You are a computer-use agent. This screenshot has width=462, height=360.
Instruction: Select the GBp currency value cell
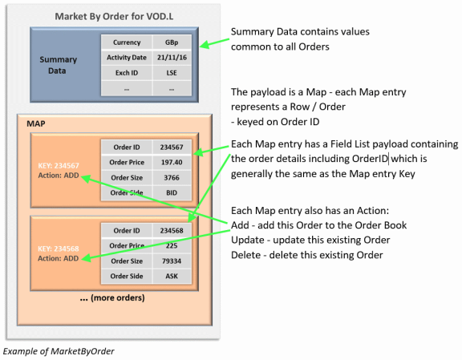tap(171, 43)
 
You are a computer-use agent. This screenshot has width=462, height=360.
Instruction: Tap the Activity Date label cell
tap(127, 58)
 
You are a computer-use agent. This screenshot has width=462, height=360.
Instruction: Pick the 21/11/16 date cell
tap(171, 58)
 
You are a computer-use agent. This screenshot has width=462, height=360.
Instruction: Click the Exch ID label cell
tap(127, 73)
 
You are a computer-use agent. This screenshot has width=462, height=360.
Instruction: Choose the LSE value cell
tap(171, 73)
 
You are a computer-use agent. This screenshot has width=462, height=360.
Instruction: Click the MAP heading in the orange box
tap(36, 124)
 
